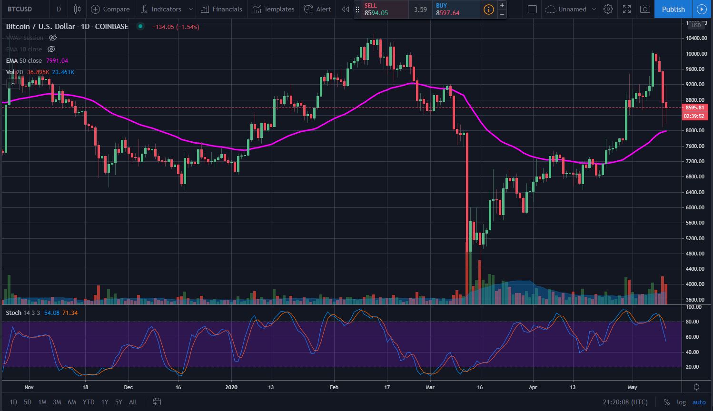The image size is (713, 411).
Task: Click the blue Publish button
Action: pos(673,9)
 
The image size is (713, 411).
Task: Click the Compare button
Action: pos(111,9)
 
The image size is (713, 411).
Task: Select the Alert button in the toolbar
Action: pos(318,9)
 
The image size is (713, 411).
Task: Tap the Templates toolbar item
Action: pos(274,9)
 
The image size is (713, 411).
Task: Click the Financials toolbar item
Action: pos(222,9)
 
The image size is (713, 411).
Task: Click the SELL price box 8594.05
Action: pos(381,9)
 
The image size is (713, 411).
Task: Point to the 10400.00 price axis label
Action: pos(696,39)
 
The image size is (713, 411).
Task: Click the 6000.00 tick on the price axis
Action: pos(696,207)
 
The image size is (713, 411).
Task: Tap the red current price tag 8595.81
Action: pos(695,108)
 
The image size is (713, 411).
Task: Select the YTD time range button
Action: pos(89,402)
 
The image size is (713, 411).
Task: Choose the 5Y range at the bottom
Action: pos(119,402)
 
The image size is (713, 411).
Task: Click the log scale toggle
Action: pos(681,402)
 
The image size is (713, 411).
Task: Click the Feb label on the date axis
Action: pos(334,387)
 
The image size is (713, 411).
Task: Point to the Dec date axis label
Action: pos(128,387)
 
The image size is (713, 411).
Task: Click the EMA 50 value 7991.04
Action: pos(57,61)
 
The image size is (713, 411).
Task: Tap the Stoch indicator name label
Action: pos(13,313)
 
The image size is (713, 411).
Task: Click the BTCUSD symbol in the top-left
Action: pos(20,9)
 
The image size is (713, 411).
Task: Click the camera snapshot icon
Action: pos(645,9)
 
